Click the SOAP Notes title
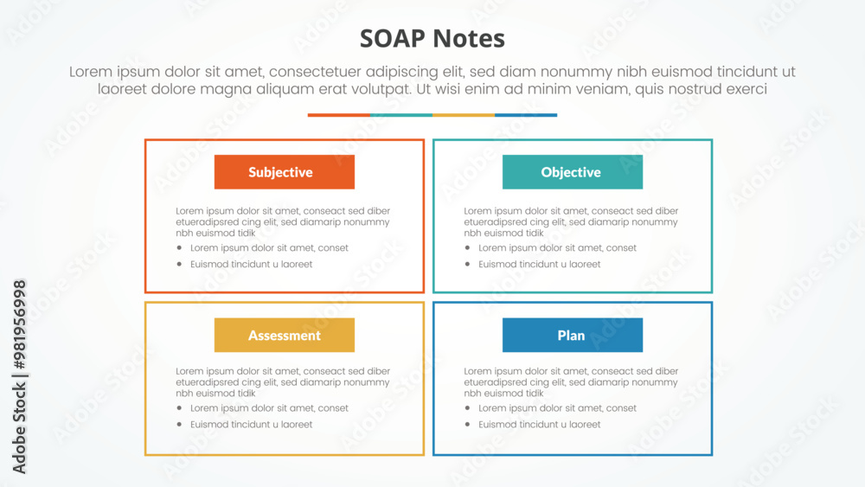(x=432, y=39)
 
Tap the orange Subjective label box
(x=284, y=172)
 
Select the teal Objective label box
(x=572, y=172)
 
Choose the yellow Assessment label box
(x=284, y=335)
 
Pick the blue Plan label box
(x=572, y=335)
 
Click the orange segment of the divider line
(x=339, y=115)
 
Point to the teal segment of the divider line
(x=401, y=115)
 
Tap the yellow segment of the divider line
(x=464, y=115)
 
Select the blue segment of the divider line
(x=526, y=115)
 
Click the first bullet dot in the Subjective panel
(x=179, y=247)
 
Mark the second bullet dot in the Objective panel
(x=467, y=264)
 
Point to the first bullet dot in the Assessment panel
(x=179, y=408)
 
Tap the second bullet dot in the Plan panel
(x=467, y=424)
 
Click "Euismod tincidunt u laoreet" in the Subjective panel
(x=252, y=264)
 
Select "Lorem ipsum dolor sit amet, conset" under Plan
(x=557, y=408)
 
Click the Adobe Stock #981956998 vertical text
(x=19, y=376)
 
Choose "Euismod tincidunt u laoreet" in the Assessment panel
(x=252, y=424)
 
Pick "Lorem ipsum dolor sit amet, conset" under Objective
(x=557, y=247)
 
